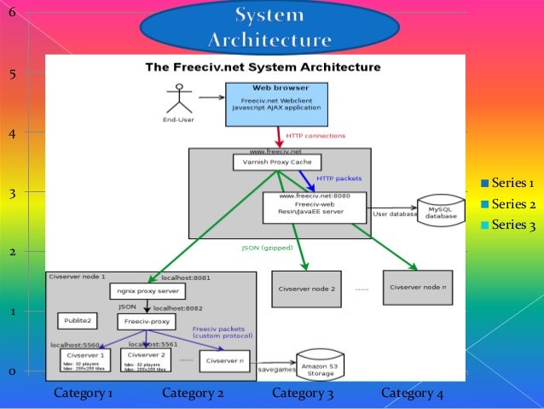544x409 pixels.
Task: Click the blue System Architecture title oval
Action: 269,28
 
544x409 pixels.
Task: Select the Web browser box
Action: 278,102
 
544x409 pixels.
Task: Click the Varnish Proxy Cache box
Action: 277,161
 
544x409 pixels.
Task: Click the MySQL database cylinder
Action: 442,213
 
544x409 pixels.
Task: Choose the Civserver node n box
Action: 417,288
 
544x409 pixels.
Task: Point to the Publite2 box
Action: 78,321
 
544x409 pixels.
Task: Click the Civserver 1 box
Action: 85,359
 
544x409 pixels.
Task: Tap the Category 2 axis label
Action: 193,394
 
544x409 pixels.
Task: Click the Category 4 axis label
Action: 412,394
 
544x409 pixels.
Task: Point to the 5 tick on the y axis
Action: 12,74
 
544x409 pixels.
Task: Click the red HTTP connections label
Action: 315,136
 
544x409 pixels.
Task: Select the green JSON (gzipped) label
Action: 265,248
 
